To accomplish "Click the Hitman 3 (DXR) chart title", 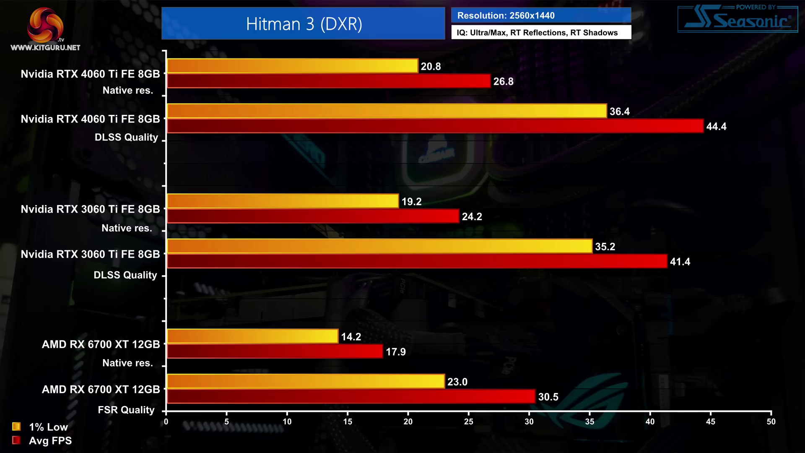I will click(304, 24).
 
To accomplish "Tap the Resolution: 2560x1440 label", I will click(506, 16).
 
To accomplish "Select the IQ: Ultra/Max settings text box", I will click(541, 33).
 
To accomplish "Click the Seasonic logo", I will click(737, 19).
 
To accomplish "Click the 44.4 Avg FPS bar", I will click(435, 126).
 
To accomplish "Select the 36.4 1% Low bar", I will click(387, 111).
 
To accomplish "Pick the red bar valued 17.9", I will click(275, 351).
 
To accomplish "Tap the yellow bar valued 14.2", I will click(252, 336).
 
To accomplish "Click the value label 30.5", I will click(548, 397).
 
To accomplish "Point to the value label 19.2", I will click(411, 202).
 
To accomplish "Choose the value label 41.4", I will click(680, 262).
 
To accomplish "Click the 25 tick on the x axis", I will click(468, 422).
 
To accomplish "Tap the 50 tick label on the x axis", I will click(771, 422).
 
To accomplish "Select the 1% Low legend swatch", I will click(16, 427).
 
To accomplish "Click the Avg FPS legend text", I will click(50, 441).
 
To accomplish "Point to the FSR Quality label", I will click(126, 410).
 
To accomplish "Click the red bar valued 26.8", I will click(329, 81).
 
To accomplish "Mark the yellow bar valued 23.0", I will click(306, 381).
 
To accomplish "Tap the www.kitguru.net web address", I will click(45, 48).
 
